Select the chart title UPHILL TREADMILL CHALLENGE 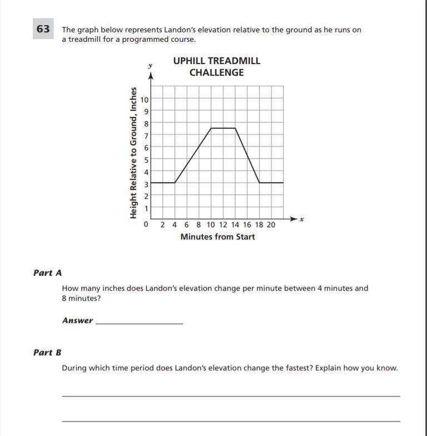pos(216,66)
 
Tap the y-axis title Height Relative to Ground pos(133,153)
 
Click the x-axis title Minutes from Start pos(217,237)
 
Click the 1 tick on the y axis pos(146,208)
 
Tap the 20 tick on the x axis pos(271,225)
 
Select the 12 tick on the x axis pos(223,225)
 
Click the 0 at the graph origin pos(146,225)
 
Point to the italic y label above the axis pos(150,66)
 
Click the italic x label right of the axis pos(302,219)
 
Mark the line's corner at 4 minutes pos(175,182)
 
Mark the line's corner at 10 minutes pos(211,128)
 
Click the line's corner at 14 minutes pos(235,128)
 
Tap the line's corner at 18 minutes pos(259,182)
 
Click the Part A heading pos(47,273)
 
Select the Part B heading pos(47,352)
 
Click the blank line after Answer pos(139,321)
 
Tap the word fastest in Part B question pos(287,368)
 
